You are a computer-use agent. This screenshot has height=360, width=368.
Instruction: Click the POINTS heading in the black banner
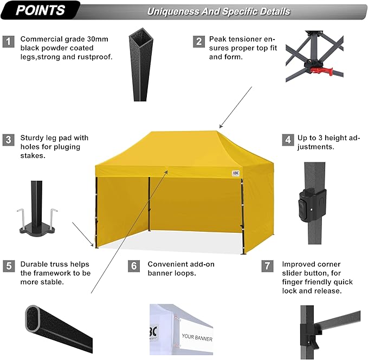click(x=40, y=10)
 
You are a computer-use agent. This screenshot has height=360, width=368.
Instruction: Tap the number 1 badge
click(x=8, y=41)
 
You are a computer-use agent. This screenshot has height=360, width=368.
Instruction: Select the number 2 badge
click(x=199, y=41)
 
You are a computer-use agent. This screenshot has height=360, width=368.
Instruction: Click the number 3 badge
click(x=8, y=140)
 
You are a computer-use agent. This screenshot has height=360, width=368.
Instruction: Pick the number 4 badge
click(x=287, y=140)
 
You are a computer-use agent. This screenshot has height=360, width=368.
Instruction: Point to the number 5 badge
click(x=8, y=266)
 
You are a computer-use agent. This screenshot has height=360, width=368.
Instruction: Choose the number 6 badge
click(x=134, y=266)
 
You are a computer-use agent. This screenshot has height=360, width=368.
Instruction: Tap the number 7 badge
click(x=267, y=266)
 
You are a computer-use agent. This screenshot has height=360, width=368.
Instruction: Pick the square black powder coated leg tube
click(x=138, y=65)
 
